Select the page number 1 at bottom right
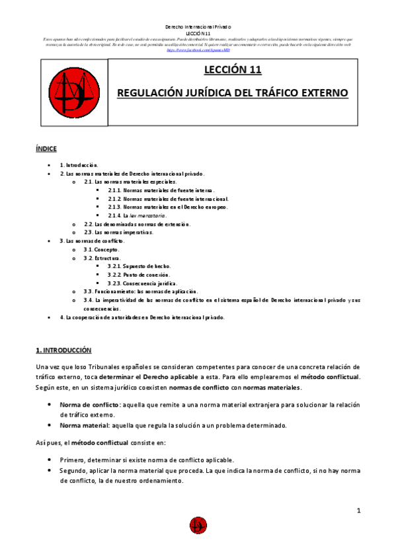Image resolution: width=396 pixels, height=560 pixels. tap(358, 510)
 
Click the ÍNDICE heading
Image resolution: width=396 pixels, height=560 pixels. tap(46, 149)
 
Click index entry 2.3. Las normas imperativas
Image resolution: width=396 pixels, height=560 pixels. tap(118, 232)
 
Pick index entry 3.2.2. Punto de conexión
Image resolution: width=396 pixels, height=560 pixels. tap(137, 274)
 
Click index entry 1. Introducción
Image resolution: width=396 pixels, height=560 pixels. tap(79, 164)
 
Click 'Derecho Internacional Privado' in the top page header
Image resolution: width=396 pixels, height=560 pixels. tap(198, 26)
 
